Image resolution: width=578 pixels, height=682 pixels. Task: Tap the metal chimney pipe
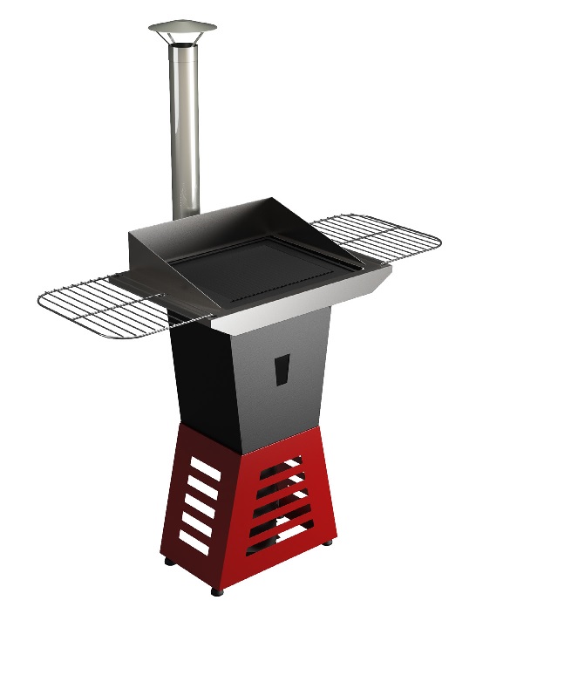(x=184, y=131)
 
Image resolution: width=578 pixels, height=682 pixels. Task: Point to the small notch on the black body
(x=281, y=369)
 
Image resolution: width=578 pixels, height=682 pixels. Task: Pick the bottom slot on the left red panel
(x=194, y=542)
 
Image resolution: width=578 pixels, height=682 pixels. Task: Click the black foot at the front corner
(x=217, y=590)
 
